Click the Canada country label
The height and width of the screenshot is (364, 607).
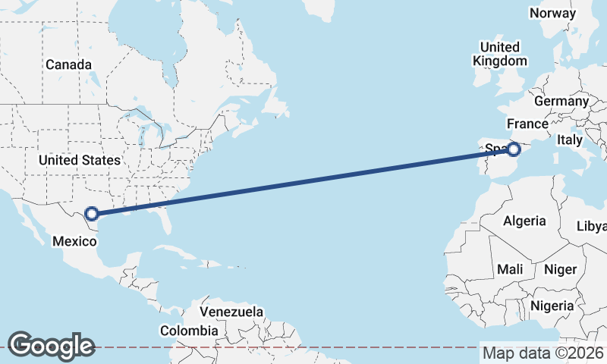click(x=68, y=65)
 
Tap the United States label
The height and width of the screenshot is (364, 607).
click(x=79, y=160)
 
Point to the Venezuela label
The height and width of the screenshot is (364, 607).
click(x=231, y=312)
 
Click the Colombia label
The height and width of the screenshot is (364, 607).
click(x=189, y=331)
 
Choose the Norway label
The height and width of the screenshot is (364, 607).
click(x=552, y=14)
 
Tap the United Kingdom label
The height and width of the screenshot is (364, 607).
click(x=499, y=54)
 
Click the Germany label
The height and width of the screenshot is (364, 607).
click(x=561, y=101)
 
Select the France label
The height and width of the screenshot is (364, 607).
click(x=527, y=124)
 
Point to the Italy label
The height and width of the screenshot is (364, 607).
click(x=570, y=140)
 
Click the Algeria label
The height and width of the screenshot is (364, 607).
click(x=524, y=221)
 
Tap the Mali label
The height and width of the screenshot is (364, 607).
click(x=510, y=269)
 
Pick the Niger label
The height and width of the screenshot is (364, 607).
click(x=561, y=269)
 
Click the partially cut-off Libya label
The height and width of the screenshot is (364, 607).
click(x=593, y=226)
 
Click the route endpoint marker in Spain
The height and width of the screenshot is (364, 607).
click(x=514, y=150)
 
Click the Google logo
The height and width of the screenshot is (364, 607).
click(x=51, y=345)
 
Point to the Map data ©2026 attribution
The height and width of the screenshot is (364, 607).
click(x=543, y=353)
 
